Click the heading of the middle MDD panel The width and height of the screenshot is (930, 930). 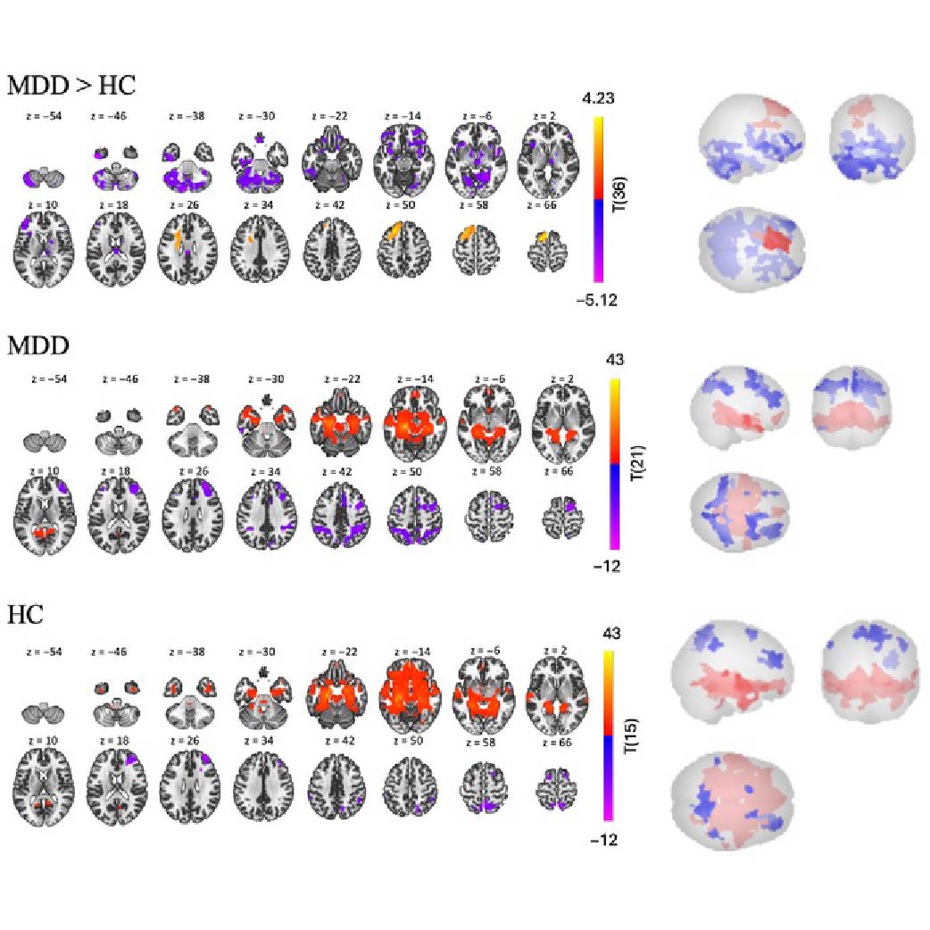(37, 345)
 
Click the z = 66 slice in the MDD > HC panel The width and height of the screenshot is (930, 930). (547, 247)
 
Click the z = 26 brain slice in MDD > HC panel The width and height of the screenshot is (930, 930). (183, 245)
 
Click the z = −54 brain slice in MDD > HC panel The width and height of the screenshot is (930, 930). (40, 174)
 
